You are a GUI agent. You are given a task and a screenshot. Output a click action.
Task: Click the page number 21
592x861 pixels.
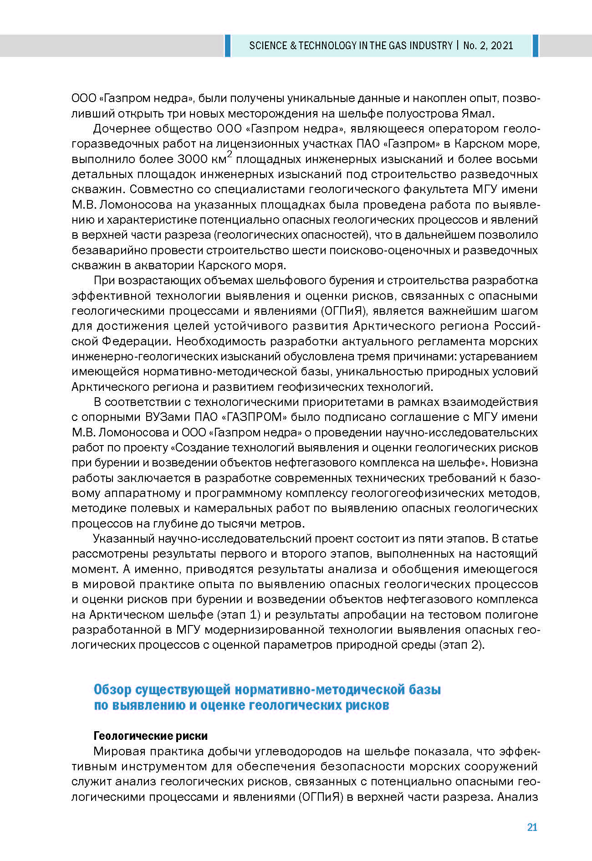point(532,827)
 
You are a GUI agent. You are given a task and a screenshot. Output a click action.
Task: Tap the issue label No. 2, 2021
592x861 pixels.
point(488,46)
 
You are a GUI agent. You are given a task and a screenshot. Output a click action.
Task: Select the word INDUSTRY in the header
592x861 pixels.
point(431,46)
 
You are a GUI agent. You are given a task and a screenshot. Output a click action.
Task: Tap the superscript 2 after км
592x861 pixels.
point(230,155)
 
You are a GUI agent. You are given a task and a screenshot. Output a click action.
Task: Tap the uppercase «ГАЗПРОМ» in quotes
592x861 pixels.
point(254,417)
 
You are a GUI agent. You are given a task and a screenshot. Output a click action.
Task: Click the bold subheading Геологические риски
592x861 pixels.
point(150,736)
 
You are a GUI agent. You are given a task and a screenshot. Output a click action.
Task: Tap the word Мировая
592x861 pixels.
point(119,751)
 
